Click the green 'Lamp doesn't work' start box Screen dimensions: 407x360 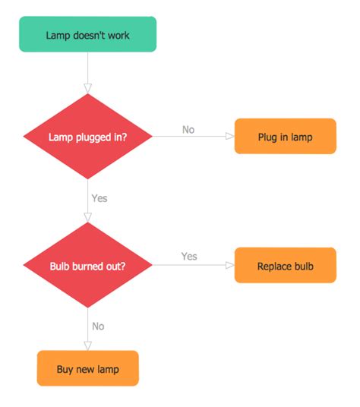[x=87, y=35]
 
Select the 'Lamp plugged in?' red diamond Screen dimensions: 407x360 [x=88, y=137]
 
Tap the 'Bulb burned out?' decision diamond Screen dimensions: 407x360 [x=88, y=266]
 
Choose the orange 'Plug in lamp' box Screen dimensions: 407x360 [x=285, y=137]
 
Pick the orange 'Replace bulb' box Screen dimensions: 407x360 [x=285, y=266]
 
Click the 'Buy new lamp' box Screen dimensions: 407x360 [x=87, y=369]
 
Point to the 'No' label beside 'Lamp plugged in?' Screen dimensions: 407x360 [x=188, y=129]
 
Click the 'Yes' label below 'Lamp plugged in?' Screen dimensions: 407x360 [x=99, y=198]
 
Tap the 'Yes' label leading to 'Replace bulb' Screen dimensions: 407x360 [x=189, y=257]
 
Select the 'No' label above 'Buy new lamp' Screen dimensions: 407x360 [x=98, y=326]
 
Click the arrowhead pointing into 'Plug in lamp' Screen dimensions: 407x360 [x=229, y=137]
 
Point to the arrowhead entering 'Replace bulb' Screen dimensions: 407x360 [x=229, y=266]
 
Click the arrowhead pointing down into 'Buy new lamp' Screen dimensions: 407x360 [x=88, y=346]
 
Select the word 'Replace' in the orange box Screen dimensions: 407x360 [x=274, y=266]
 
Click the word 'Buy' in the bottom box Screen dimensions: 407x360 [x=65, y=370]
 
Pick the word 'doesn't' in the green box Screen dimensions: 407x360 [x=90, y=35]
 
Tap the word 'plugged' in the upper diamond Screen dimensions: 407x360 [x=89, y=137]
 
